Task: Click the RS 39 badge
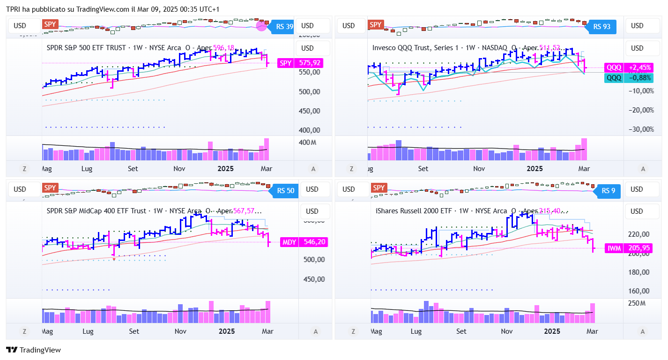coord(283,27)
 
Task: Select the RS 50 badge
coord(284,191)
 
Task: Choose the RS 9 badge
coord(608,191)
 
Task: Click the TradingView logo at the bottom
coord(33,350)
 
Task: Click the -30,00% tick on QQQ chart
coord(641,129)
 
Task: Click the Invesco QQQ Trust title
coord(413,48)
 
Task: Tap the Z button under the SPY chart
coord(24,169)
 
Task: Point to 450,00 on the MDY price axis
coord(314,279)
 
